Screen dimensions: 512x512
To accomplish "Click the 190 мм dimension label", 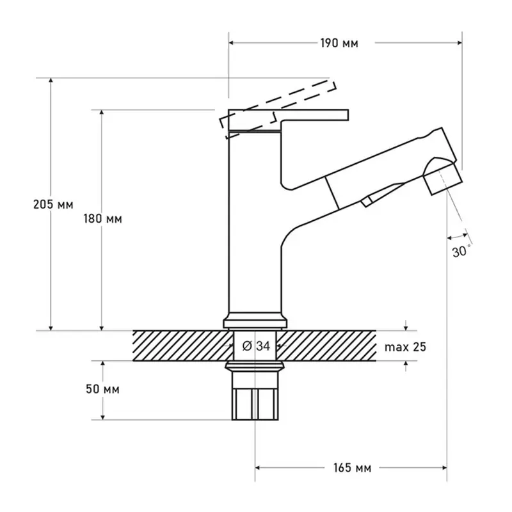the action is click(x=339, y=43).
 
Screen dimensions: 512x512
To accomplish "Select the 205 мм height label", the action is click(x=53, y=205).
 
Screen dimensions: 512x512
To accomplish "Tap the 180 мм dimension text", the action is click(x=102, y=219).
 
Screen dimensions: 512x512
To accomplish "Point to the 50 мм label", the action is click(x=102, y=389).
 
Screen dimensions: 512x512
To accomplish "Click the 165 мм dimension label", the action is click(x=352, y=468).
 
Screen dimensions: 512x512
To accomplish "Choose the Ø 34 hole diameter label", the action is click(x=257, y=346).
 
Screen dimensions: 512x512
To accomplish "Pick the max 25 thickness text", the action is click(x=405, y=347).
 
